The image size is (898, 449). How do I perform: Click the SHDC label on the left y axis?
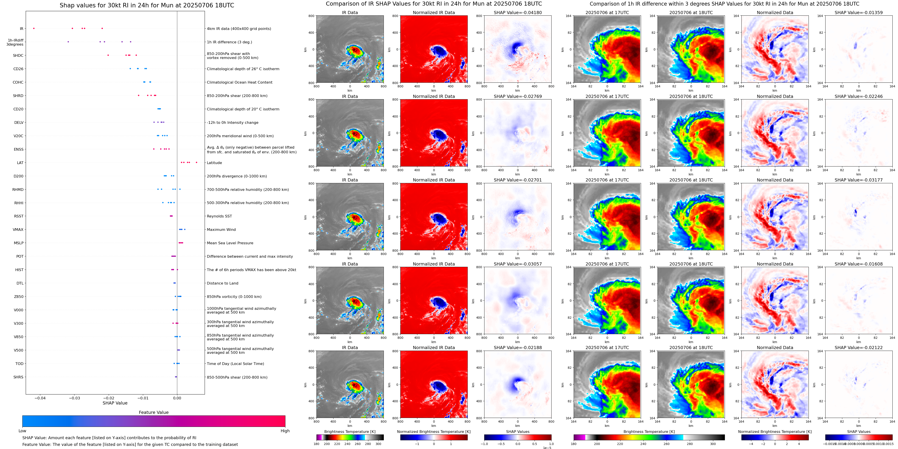pyautogui.click(x=18, y=55)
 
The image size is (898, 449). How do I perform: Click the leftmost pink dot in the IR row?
pyautogui.click(x=34, y=28)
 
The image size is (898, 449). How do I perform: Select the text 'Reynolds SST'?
pyautogui.click(x=219, y=216)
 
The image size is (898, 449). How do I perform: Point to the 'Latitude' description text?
pyautogui.click(x=214, y=163)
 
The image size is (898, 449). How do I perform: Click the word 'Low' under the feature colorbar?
pyautogui.click(x=22, y=431)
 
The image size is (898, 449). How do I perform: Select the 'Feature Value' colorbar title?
pyautogui.click(x=153, y=412)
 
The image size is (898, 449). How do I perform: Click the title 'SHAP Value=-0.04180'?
pyautogui.click(x=518, y=13)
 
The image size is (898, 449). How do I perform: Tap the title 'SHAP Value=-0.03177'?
pyautogui.click(x=859, y=180)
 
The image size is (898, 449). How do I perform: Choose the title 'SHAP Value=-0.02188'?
pyautogui.click(x=518, y=348)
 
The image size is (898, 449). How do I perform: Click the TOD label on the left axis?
pyautogui.click(x=19, y=364)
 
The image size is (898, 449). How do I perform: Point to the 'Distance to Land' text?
pyautogui.click(x=222, y=283)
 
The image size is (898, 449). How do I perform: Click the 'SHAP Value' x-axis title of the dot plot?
pyautogui.click(x=115, y=403)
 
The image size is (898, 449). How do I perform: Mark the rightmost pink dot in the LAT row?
pyautogui.click(x=197, y=162)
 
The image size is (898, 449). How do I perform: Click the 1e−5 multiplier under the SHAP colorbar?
pyautogui.click(x=547, y=448)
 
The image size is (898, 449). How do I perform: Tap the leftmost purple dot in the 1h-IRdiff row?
pyautogui.click(x=68, y=42)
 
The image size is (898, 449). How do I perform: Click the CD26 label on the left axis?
pyautogui.click(x=18, y=69)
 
